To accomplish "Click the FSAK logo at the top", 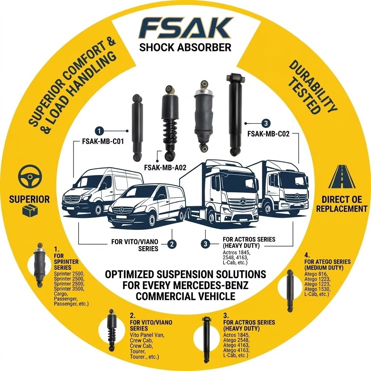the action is pyautogui.click(x=185, y=29).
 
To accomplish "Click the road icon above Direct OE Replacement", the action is pyautogui.click(x=342, y=177).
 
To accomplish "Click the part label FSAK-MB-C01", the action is pyautogui.click(x=103, y=142).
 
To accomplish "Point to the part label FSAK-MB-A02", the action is pyautogui.click(x=165, y=167).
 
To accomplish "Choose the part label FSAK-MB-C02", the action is pyautogui.click(x=268, y=134).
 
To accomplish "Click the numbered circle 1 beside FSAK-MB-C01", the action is pyautogui.click(x=99, y=131).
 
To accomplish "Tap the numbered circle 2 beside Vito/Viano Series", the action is pyautogui.click(x=172, y=244).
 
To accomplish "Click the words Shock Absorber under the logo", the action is pyautogui.click(x=185, y=47).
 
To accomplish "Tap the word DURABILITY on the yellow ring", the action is pyautogui.click(x=313, y=86).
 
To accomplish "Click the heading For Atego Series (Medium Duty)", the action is pyautogui.click(x=328, y=265).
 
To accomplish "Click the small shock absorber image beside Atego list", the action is pyautogui.click(x=289, y=290).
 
